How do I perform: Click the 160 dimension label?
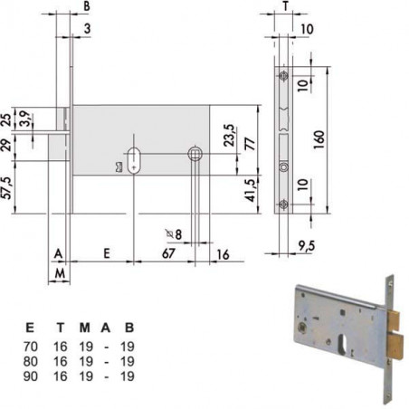click(x=319, y=139)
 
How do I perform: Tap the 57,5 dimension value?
click(x=7, y=188)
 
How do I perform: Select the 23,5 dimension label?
click(x=229, y=135)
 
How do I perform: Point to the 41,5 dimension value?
click(x=250, y=190)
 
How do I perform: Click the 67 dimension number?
click(x=168, y=253)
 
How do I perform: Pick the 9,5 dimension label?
click(x=307, y=246)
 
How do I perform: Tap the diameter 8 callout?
click(x=175, y=234)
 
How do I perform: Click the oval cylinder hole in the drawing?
click(x=133, y=160)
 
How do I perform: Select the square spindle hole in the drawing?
click(x=195, y=154)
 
